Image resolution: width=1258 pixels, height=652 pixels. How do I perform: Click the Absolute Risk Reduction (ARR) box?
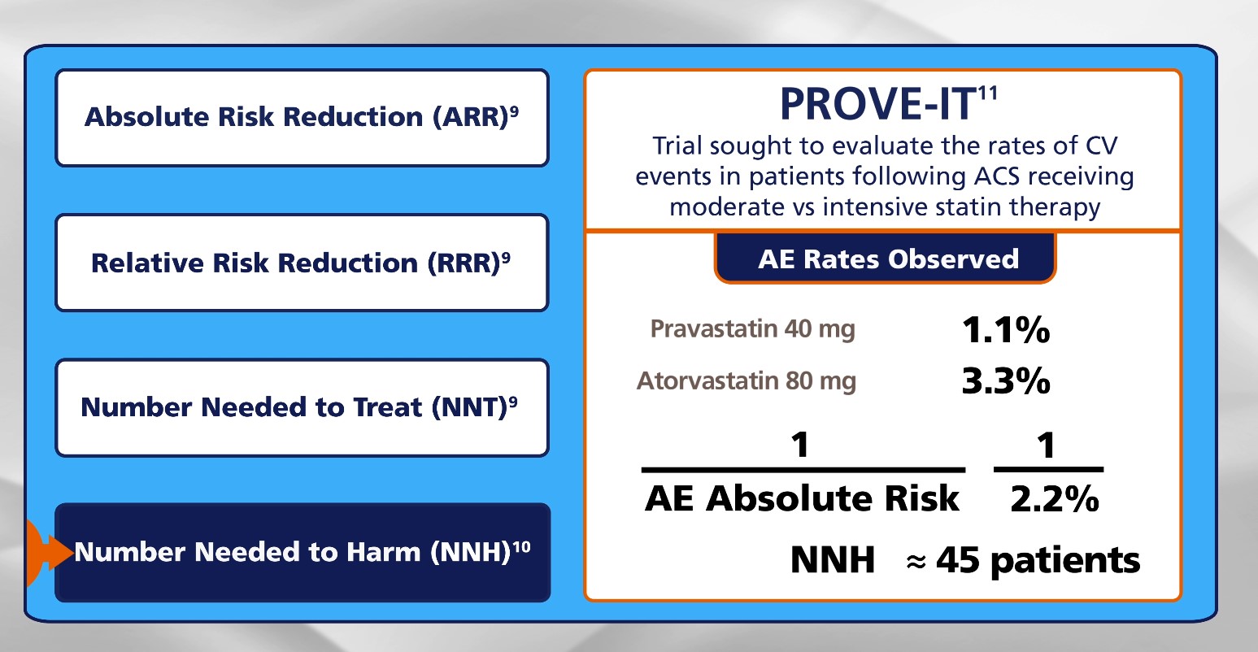point(303,118)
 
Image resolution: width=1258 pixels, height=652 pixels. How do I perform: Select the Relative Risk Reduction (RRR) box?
point(303,263)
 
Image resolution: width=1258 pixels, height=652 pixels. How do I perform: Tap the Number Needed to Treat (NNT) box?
point(303,408)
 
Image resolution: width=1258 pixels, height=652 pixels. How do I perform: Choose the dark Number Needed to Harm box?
point(303,553)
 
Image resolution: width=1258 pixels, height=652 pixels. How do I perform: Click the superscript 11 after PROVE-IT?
point(988,93)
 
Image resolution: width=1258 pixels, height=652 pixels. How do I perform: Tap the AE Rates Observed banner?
point(886,259)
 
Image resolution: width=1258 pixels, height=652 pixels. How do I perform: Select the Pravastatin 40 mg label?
point(752,329)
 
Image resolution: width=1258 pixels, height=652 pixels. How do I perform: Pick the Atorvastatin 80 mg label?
point(747,381)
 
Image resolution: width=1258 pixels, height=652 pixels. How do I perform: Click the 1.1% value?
point(1006,329)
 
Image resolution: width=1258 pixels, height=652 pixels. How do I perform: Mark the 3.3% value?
point(1006,381)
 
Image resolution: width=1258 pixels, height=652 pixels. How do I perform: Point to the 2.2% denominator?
point(1054,498)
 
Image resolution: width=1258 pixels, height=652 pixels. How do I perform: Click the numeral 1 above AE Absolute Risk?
point(800,445)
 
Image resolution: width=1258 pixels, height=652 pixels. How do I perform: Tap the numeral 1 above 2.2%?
point(1046,446)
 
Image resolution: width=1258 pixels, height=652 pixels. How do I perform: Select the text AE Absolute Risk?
point(802,498)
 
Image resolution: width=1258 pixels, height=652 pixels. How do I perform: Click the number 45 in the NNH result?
point(958,560)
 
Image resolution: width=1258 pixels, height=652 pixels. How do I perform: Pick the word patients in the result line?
point(1065,561)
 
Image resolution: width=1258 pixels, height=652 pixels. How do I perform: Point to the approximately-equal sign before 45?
point(916,562)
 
